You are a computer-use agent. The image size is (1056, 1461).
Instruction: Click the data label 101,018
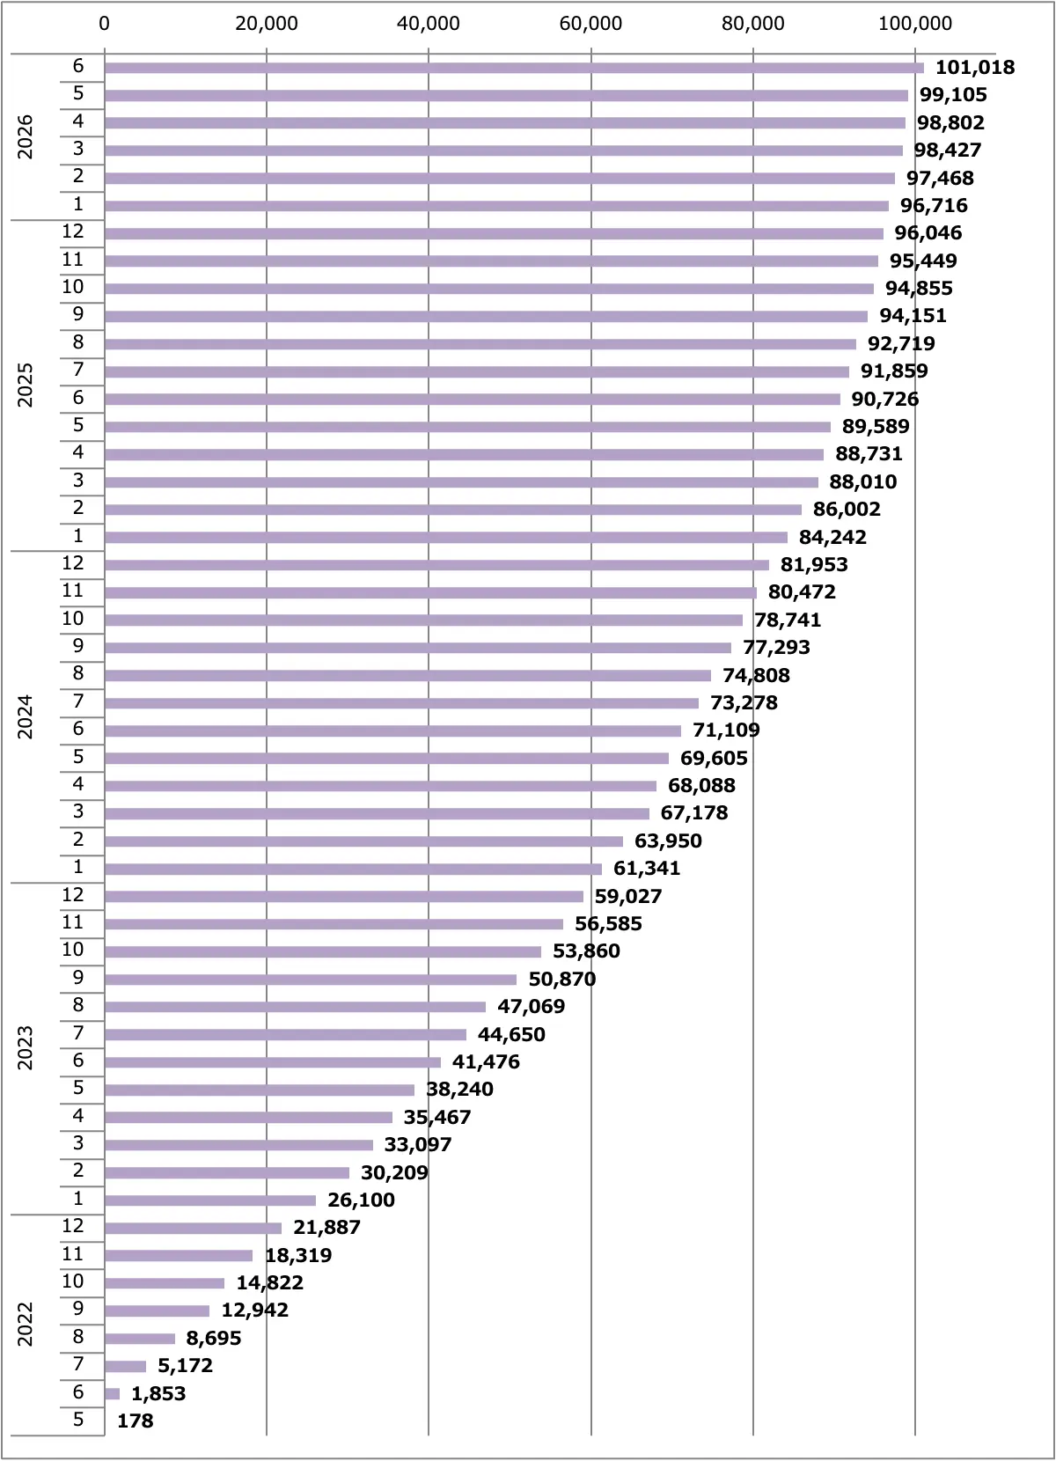click(974, 67)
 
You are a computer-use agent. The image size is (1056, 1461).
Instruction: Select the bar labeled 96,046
click(494, 233)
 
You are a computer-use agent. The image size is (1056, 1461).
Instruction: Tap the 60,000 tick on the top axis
click(590, 24)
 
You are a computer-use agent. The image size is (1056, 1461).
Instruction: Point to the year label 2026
click(25, 137)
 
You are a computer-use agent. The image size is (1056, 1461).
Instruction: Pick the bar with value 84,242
click(445, 538)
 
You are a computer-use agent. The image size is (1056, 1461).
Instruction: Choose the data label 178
click(135, 1421)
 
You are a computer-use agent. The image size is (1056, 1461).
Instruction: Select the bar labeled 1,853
click(112, 1394)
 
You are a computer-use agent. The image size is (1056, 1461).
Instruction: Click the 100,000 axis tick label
click(915, 24)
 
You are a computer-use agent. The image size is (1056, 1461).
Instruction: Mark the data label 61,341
click(647, 868)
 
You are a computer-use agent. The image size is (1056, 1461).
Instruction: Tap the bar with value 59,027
click(344, 896)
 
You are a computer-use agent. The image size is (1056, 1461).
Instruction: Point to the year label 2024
click(25, 716)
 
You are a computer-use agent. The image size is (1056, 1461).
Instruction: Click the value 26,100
click(362, 1200)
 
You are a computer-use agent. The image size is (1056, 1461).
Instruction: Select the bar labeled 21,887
click(193, 1228)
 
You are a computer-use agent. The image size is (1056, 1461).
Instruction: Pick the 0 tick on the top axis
click(105, 24)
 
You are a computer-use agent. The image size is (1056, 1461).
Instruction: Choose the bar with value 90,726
click(473, 400)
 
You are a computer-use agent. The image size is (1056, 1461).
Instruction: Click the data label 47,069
click(531, 1006)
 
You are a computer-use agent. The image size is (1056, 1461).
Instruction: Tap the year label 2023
click(25, 1049)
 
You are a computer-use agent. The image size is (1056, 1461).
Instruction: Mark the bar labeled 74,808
click(407, 676)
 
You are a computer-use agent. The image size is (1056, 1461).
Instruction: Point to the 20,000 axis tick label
click(266, 24)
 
